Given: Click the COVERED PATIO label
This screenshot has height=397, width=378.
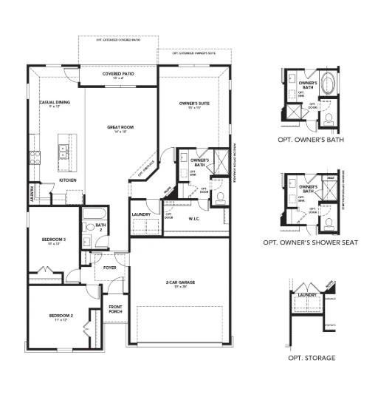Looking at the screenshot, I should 118,75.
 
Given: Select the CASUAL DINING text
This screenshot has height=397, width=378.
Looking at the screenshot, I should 55,102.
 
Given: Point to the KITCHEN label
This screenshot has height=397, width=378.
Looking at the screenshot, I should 68,180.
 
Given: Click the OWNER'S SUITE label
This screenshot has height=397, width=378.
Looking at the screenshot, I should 195,103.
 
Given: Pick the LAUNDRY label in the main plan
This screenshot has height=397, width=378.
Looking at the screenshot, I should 141,214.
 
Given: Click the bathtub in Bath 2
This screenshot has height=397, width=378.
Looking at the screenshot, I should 92,215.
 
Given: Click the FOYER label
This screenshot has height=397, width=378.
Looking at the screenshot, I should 109,268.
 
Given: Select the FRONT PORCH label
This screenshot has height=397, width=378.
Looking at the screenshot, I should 115,309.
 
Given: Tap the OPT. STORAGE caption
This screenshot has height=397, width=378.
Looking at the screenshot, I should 312,358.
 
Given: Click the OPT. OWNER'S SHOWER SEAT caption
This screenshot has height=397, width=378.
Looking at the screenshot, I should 312,242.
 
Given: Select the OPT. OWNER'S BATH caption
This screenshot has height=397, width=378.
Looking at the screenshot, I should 312,138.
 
